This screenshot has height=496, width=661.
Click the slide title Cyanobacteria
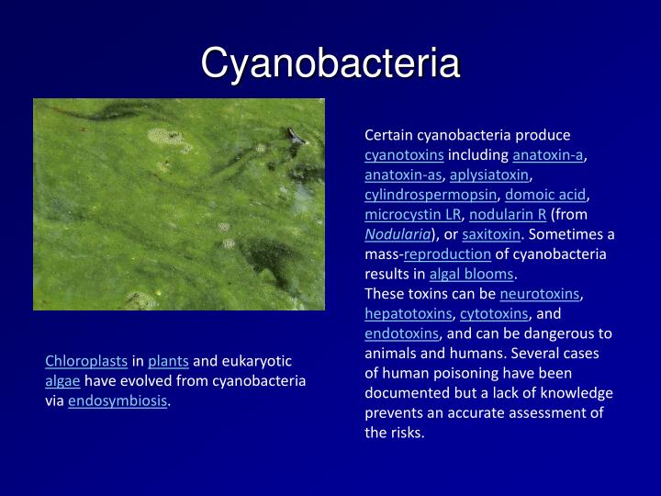(330, 64)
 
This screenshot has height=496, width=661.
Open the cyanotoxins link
(404, 154)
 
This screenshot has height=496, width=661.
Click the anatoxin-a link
(548, 154)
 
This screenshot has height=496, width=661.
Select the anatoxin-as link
(403, 175)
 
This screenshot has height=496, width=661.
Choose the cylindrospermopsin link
(430, 195)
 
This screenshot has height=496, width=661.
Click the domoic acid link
(545, 195)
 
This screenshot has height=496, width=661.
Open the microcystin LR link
(413, 215)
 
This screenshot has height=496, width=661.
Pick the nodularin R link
(508, 215)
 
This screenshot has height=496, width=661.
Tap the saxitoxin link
(490, 234)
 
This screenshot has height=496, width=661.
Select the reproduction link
(447, 254)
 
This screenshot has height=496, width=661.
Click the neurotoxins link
(540, 294)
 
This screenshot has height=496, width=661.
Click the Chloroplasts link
(86, 361)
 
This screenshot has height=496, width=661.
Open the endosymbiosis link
(118, 401)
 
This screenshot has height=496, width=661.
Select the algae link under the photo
(62, 381)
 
